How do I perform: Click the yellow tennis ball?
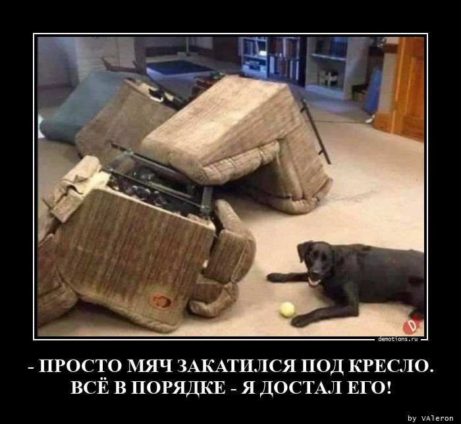pos(287,309)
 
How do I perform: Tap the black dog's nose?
pos(316,271)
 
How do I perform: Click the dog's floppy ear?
pos(304,252)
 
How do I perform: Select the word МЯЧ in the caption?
pos(151,366)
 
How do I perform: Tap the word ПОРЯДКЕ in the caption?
pos(177,388)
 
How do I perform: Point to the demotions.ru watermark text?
pos(398,339)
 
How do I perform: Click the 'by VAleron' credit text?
pos(431,418)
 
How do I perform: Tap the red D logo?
pos(412,327)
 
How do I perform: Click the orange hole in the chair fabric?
pos(161,301)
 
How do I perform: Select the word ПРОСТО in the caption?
pos(80,366)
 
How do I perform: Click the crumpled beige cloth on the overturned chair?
pos(76,186)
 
